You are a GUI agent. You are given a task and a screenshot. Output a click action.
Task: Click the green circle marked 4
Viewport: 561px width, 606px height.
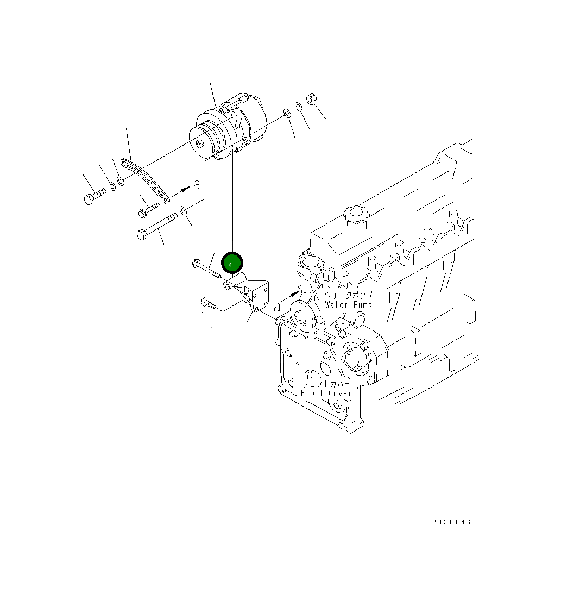[232, 264]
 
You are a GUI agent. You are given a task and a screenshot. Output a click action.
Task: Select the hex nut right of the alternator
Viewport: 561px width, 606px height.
[311, 99]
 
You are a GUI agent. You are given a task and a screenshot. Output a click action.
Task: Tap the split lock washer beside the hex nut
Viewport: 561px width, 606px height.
[299, 107]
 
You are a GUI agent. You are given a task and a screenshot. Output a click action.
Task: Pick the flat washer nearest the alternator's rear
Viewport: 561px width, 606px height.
[286, 114]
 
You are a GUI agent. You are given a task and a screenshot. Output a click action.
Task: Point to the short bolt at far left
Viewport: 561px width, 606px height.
[93, 197]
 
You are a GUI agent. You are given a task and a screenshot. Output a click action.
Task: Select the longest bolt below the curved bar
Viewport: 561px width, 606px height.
[156, 226]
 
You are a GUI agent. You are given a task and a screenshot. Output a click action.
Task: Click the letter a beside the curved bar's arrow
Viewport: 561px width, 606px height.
[197, 185]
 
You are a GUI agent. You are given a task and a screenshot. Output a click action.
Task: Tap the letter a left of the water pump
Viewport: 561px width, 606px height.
[277, 307]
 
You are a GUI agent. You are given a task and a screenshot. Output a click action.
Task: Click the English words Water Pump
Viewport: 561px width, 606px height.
[348, 305]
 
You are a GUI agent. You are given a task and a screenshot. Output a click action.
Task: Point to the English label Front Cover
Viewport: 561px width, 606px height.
[326, 393]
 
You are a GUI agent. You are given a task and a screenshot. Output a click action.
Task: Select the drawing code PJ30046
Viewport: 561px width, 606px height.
[451, 522]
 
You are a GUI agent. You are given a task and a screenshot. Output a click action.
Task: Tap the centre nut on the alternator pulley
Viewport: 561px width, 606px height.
[201, 144]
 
